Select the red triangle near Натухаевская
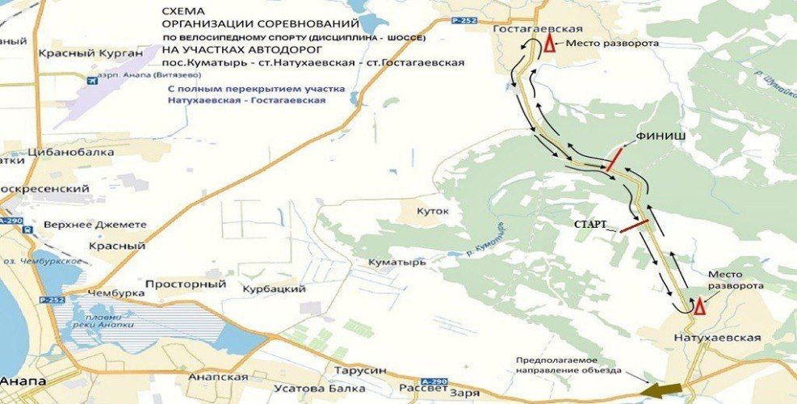[699, 305]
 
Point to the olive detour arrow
[661, 389]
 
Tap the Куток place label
[432, 212]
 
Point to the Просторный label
[185, 284]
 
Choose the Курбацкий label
[273, 288]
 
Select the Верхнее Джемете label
[95, 224]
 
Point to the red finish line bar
[614, 160]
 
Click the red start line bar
[634, 225]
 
